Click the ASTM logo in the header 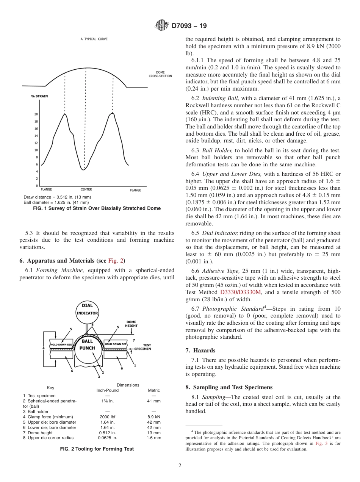click(162, 26)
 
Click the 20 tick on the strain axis click(36, 114)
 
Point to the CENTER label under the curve click(86, 189)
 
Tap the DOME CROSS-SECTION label click(160, 74)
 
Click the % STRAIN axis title click(39, 96)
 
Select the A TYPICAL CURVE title click(93, 39)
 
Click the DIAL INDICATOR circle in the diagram click(87, 310)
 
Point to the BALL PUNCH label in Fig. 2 click(88, 344)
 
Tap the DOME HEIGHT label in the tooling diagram click(131, 324)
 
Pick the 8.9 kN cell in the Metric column click(154, 417)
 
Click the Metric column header click(154, 390)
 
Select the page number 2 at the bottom click(180, 466)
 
